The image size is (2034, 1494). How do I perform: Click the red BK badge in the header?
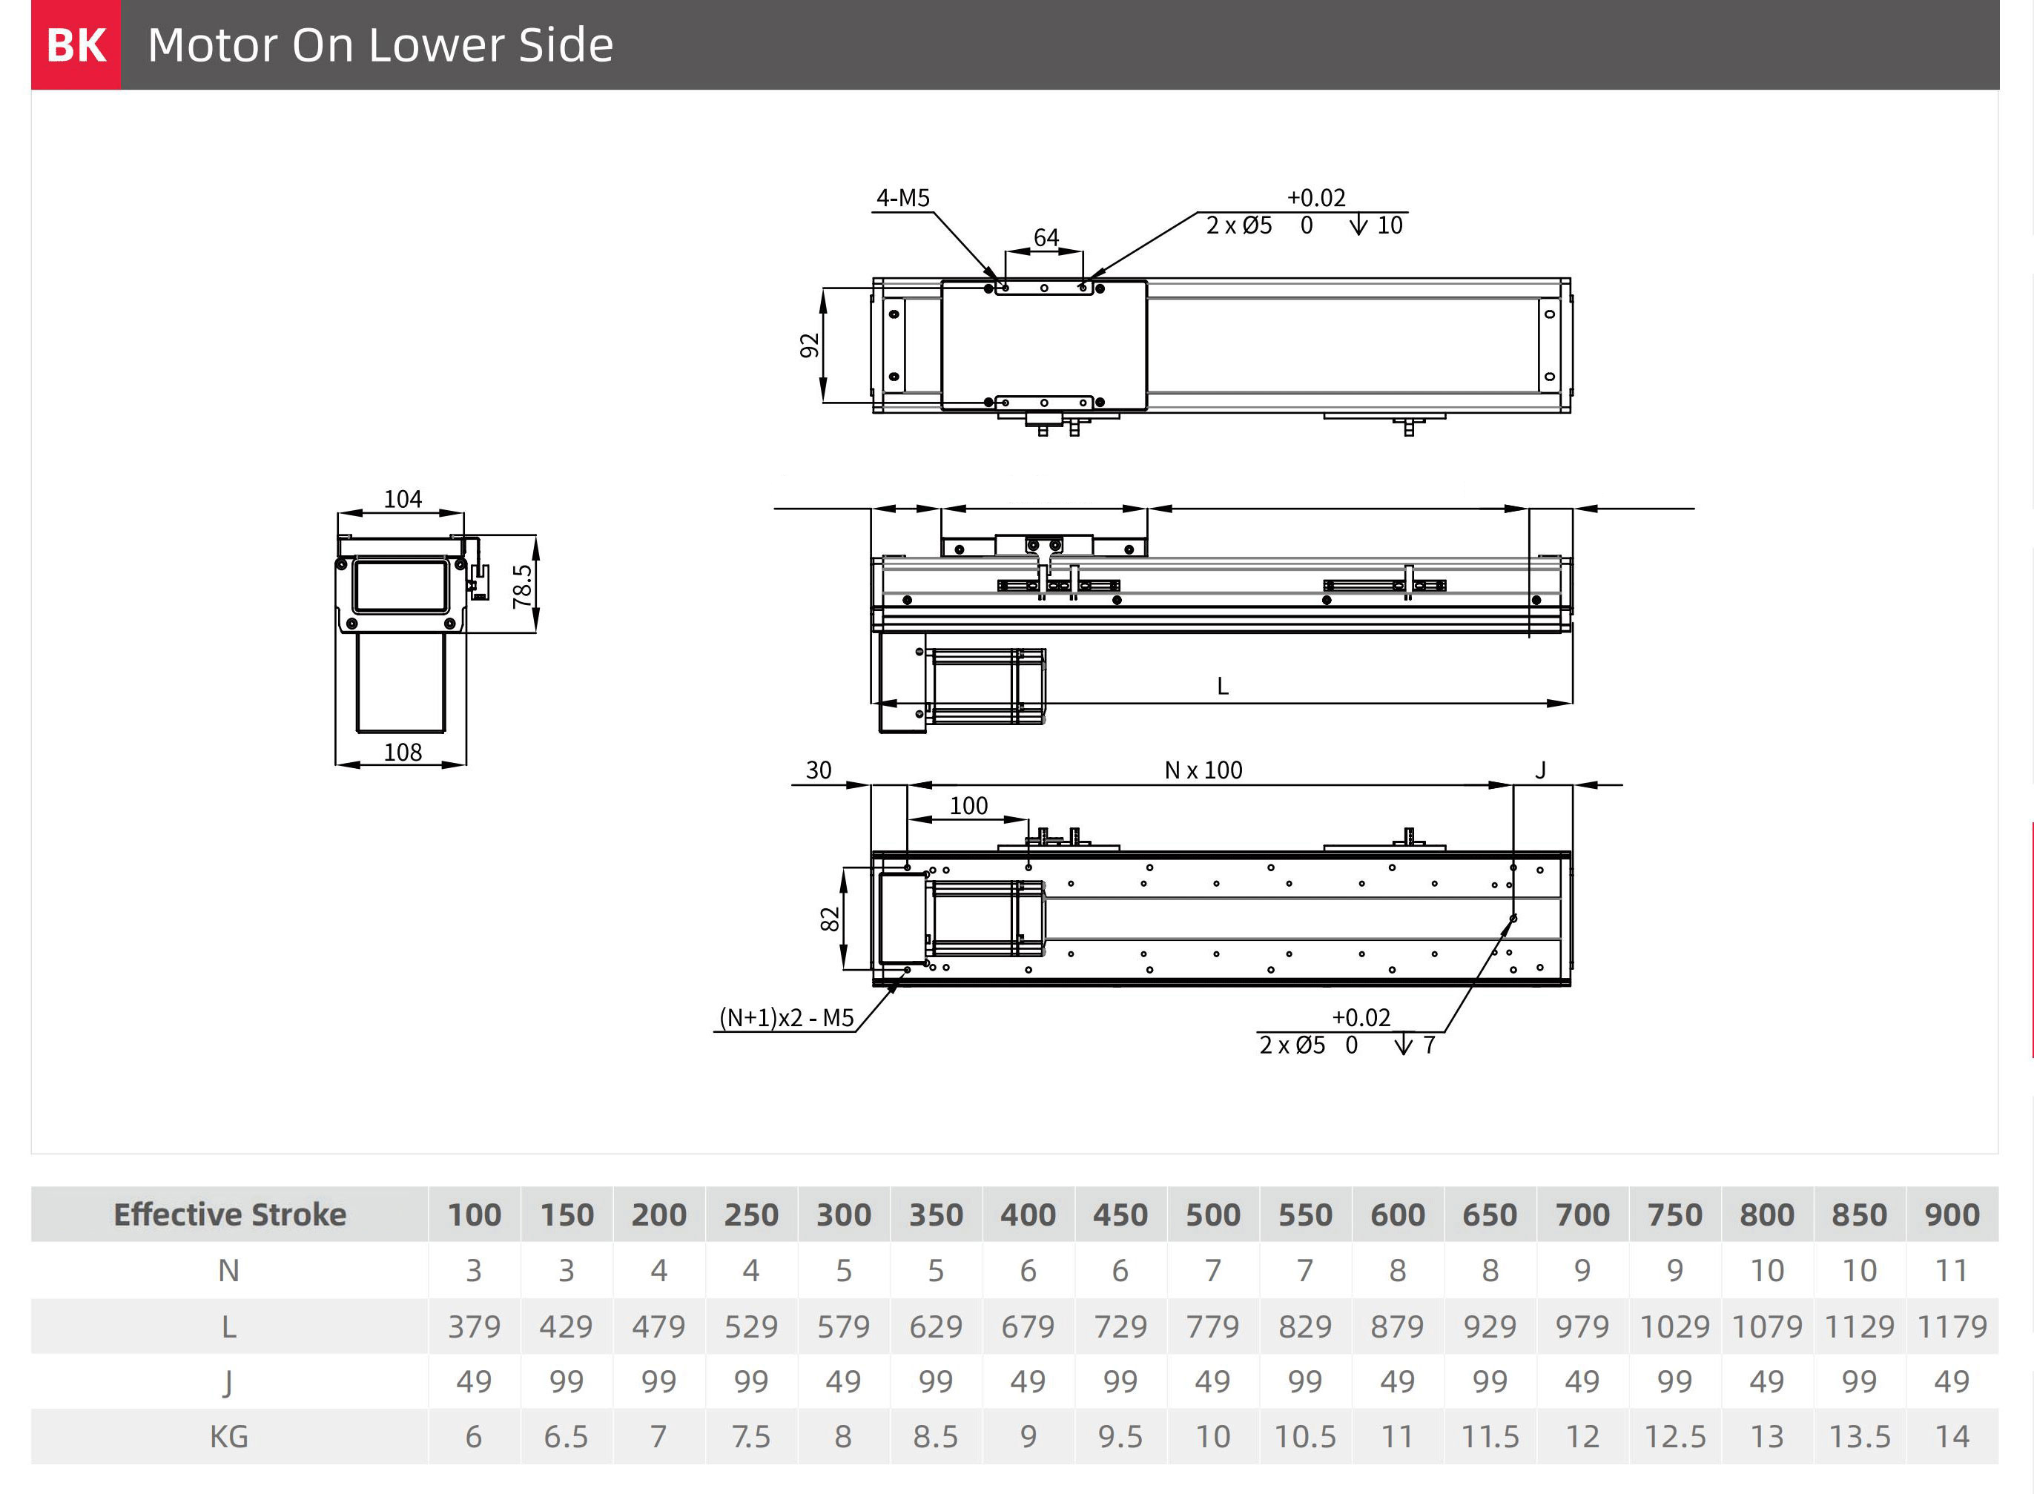(x=76, y=44)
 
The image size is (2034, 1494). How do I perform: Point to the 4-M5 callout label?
(x=902, y=198)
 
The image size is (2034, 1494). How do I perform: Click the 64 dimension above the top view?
(x=1046, y=238)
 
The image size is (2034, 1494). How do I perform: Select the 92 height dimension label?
(x=810, y=346)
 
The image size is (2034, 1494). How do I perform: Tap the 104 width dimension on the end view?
(x=403, y=499)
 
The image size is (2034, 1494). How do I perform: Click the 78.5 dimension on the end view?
(x=522, y=586)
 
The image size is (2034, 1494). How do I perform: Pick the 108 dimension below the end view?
(x=403, y=753)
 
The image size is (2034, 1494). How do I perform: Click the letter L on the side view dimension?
(x=1223, y=687)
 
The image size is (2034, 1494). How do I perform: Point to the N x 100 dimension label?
(x=1203, y=770)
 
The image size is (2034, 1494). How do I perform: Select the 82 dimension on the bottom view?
(x=829, y=919)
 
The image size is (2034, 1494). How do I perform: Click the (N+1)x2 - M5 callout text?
(x=786, y=1018)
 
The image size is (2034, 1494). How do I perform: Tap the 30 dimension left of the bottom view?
(x=819, y=770)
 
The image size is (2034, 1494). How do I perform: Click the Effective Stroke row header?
(x=230, y=1214)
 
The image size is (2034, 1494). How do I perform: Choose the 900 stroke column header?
(x=1952, y=1214)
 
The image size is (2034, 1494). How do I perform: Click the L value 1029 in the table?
(x=1674, y=1326)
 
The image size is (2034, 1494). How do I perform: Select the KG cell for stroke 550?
(x=1304, y=1437)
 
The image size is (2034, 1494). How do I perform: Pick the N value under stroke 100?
(x=474, y=1271)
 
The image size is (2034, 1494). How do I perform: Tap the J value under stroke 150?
(x=567, y=1382)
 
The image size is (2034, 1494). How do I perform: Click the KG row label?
(x=229, y=1437)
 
